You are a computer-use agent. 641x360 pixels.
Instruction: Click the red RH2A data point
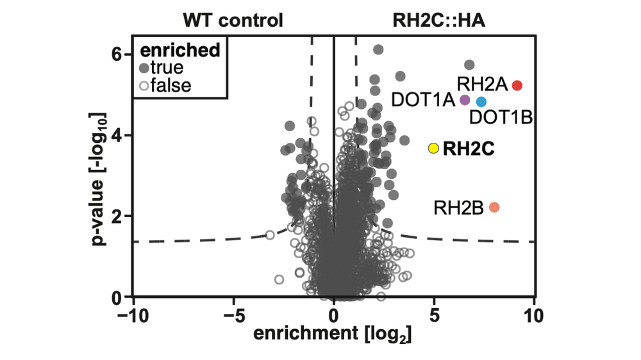pyautogui.click(x=517, y=85)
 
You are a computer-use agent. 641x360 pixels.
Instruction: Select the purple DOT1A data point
pyautogui.click(x=465, y=99)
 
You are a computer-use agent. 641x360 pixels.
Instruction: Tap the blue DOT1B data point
pyautogui.click(x=481, y=101)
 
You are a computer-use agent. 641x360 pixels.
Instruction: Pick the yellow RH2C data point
pyautogui.click(x=433, y=148)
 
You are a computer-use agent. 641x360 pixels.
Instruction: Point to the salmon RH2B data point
pyautogui.click(x=494, y=207)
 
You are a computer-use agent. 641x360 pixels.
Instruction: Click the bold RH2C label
pyautogui.click(x=469, y=149)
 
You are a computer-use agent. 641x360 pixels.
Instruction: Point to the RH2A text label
pyautogui.click(x=482, y=84)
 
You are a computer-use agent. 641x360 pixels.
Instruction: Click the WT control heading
pyautogui.click(x=233, y=20)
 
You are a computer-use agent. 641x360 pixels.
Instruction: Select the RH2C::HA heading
pyautogui.click(x=438, y=20)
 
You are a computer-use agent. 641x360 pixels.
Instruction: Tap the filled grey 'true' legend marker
pyautogui.click(x=144, y=67)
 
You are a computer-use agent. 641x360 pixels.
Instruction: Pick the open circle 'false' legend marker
pyautogui.click(x=144, y=85)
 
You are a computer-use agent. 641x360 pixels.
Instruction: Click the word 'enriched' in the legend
pyautogui.click(x=180, y=50)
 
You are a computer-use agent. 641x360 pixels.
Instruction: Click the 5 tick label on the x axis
pyautogui.click(x=434, y=316)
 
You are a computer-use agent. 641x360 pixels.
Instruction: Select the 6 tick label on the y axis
pyautogui.click(x=116, y=55)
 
